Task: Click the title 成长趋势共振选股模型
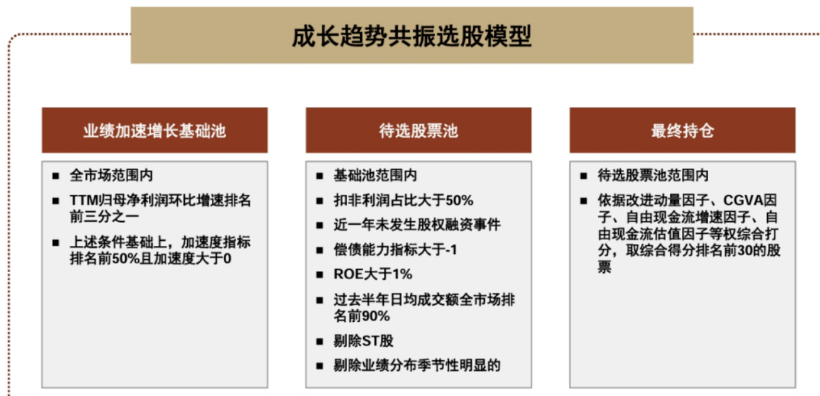click(x=412, y=36)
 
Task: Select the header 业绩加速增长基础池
click(x=155, y=131)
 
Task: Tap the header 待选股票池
click(x=418, y=131)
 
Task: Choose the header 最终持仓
click(x=682, y=131)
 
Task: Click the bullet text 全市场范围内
click(x=111, y=175)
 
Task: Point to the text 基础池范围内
click(x=375, y=175)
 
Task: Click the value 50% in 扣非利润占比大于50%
click(x=459, y=201)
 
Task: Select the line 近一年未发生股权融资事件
click(x=417, y=224)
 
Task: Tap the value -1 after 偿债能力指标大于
click(x=451, y=250)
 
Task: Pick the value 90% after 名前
click(x=376, y=316)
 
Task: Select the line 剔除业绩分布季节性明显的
click(x=417, y=365)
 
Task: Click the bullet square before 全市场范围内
click(x=56, y=176)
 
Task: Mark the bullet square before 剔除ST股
click(x=320, y=342)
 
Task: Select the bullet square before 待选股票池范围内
click(x=584, y=176)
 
